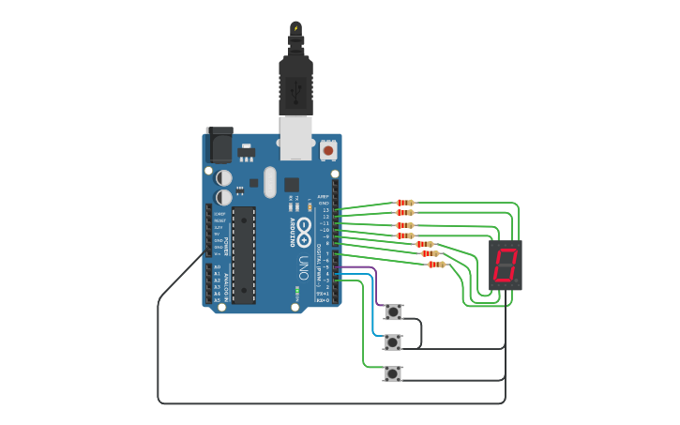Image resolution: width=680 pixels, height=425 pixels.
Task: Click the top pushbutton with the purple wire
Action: coord(393,311)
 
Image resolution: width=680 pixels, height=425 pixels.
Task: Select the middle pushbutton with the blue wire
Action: coord(393,342)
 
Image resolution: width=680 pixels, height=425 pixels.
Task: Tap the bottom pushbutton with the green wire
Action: coord(393,373)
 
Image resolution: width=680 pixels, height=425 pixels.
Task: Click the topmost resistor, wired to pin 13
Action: coord(405,203)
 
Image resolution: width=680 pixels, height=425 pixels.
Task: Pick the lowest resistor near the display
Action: coord(436,265)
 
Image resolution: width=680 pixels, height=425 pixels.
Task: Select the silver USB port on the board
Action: coord(296,135)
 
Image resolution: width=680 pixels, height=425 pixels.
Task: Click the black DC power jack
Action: coord(219,144)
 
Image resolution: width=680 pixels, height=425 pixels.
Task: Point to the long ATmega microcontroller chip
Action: coord(244,254)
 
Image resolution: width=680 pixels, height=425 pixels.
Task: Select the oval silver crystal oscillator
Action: coord(270,182)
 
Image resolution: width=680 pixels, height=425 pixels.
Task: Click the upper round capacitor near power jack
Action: coord(224,176)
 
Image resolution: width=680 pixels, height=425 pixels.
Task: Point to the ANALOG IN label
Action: coord(225,284)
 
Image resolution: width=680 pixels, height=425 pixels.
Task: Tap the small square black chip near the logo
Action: coord(292,184)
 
